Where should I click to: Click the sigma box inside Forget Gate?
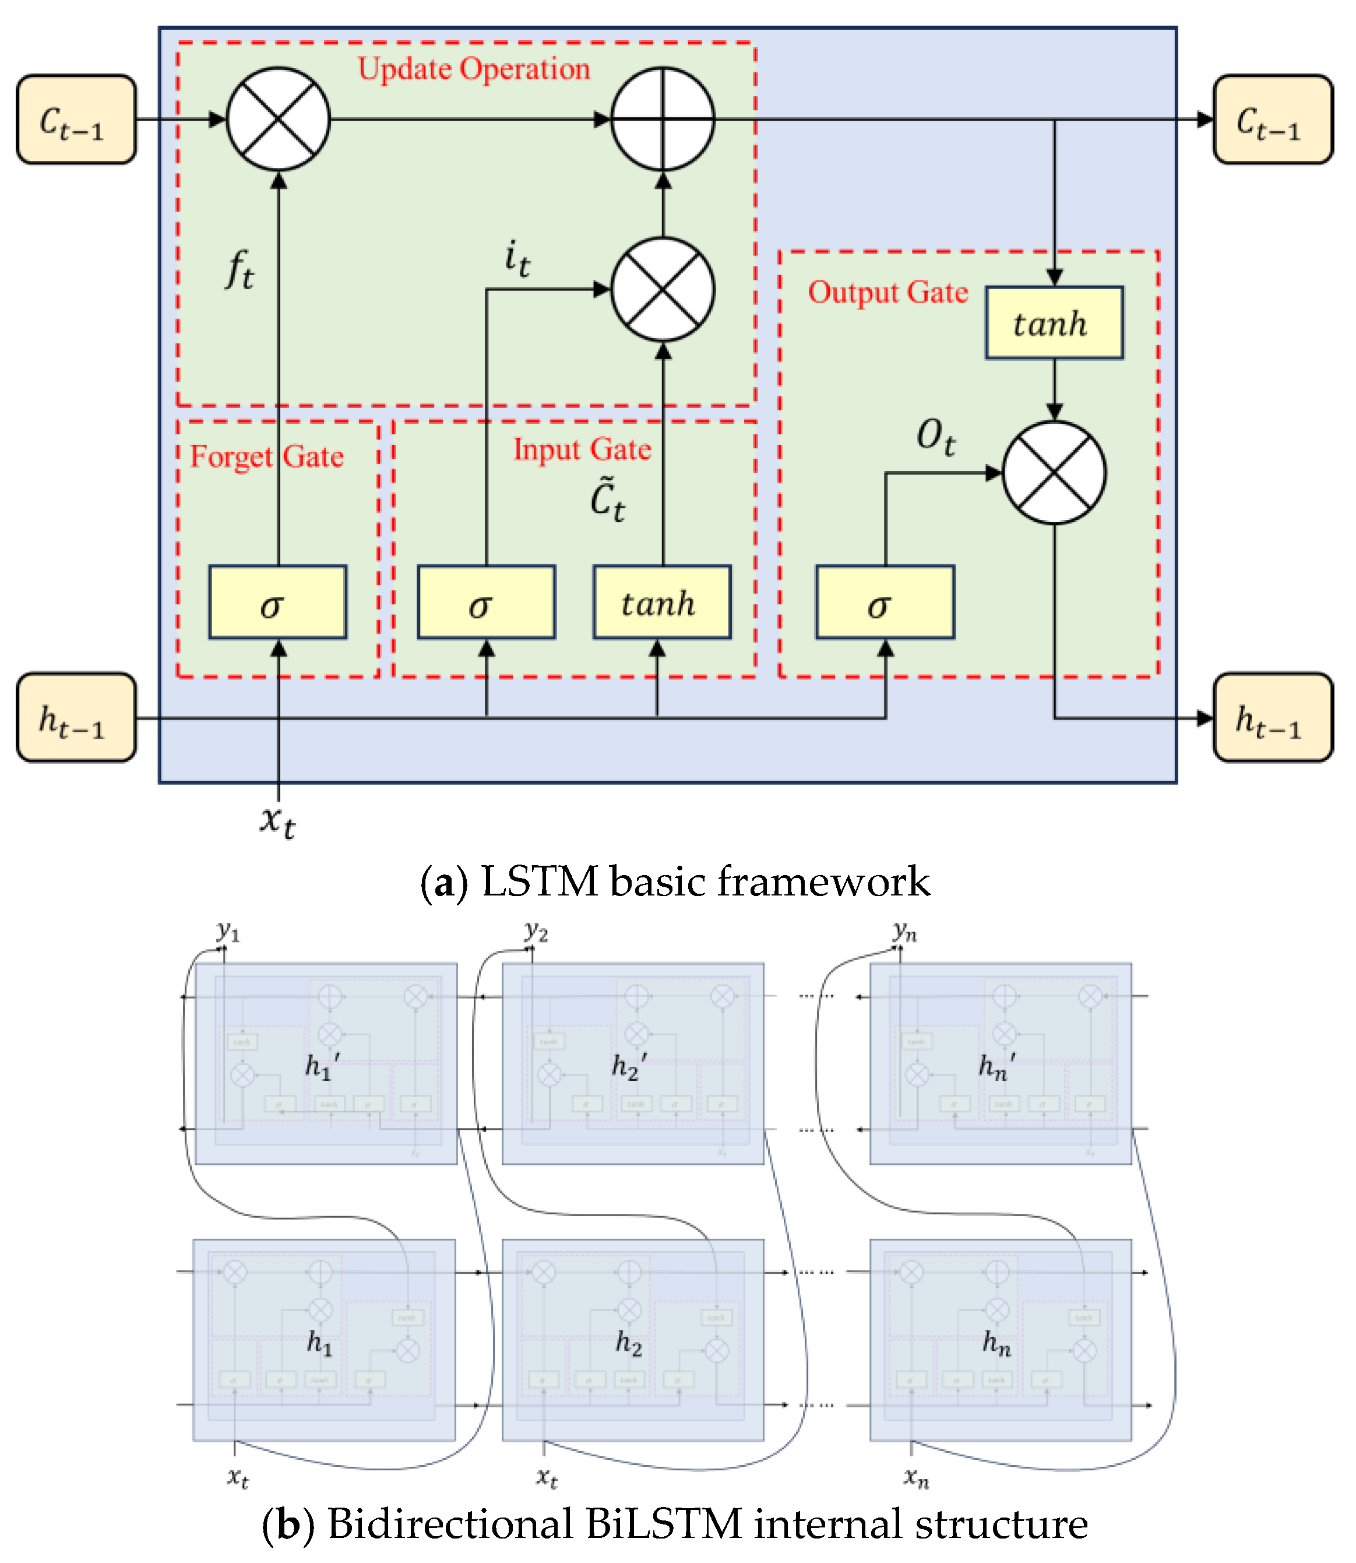278,602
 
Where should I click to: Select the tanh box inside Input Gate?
661,602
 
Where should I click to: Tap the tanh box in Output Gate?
1054,322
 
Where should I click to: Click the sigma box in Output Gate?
885,602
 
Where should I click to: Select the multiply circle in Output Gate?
1054,473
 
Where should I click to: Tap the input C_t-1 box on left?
76,120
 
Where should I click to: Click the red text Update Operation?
474,69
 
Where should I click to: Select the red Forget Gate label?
266,456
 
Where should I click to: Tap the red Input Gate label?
582,449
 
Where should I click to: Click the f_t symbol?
240,270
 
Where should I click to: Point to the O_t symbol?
935,437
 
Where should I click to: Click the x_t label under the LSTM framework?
277,821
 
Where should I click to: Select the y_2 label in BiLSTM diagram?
536,930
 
